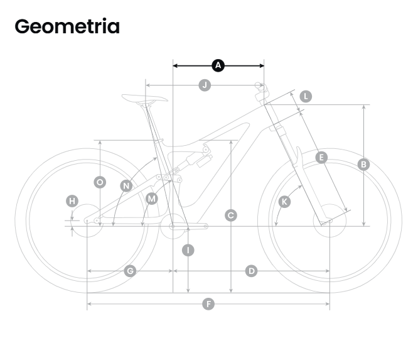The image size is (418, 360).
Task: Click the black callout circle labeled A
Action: [x=218, y=65]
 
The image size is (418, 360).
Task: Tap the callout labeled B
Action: [x=363, y=165]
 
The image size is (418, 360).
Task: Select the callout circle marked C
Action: [x=231, y=215]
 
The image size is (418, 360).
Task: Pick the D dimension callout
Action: [x=252, y=271]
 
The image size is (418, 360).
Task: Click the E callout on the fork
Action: [x=321, y=158]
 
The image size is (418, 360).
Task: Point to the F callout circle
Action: [x=208, y=304]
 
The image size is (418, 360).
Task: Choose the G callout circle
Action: [x=130, y=271]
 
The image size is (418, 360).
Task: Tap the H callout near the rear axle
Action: [x=72, y=201]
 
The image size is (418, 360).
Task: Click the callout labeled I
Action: [x=188, y=250]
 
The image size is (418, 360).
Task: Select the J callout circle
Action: [x=205, y=85]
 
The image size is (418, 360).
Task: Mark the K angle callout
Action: [x=284, y=202]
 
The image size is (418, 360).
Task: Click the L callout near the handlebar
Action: [x=306, y=96]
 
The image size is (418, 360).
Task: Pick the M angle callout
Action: [x=152, y=199]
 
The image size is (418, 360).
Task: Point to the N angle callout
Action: [x=126, y=186]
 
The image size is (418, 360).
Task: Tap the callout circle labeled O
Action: [x=100, y=182]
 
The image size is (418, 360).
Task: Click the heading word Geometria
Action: [x=67, y=26]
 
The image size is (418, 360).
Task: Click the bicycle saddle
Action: [x=144, y=98]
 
